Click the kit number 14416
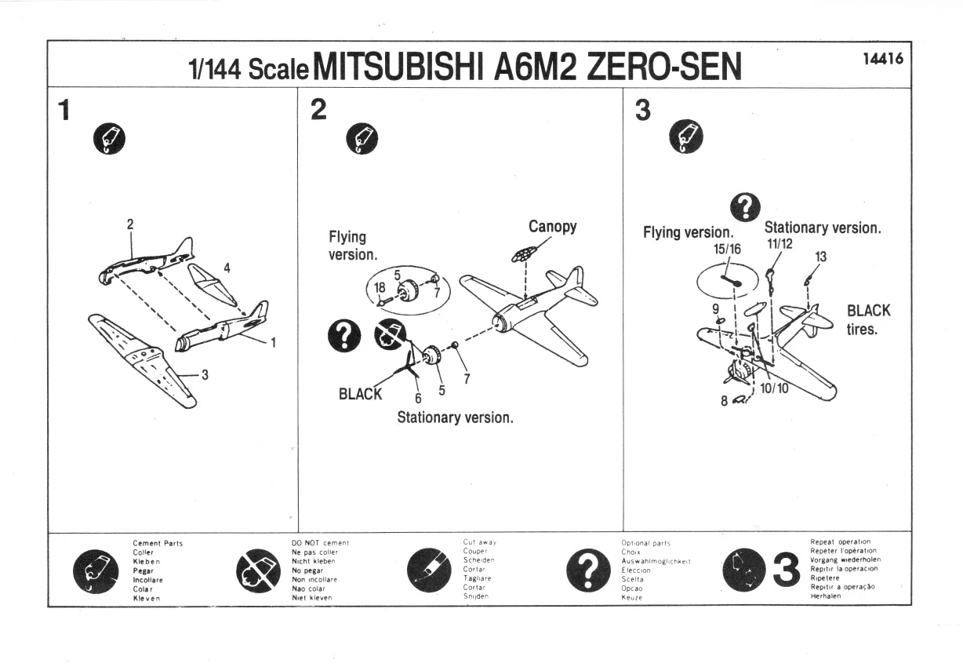pos(883,59)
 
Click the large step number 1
pos(64,110)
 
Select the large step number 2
pos(318,109)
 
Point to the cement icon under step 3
pos(686,137)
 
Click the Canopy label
pos(552,226)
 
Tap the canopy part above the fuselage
pos(524,253)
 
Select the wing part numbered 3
pos(142,361)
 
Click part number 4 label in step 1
pos(227,268)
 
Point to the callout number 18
pos(380,287)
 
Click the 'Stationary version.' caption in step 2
pos(456,417)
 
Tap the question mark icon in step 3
pos(745,207)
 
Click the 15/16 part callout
pos(728,249)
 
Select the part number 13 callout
pos(821,257)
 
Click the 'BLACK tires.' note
pos(868,319)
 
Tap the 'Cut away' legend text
pos(480,542)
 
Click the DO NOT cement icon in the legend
pos(258,570)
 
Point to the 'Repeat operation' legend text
pos(841,541)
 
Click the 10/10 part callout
pos(774,388)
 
